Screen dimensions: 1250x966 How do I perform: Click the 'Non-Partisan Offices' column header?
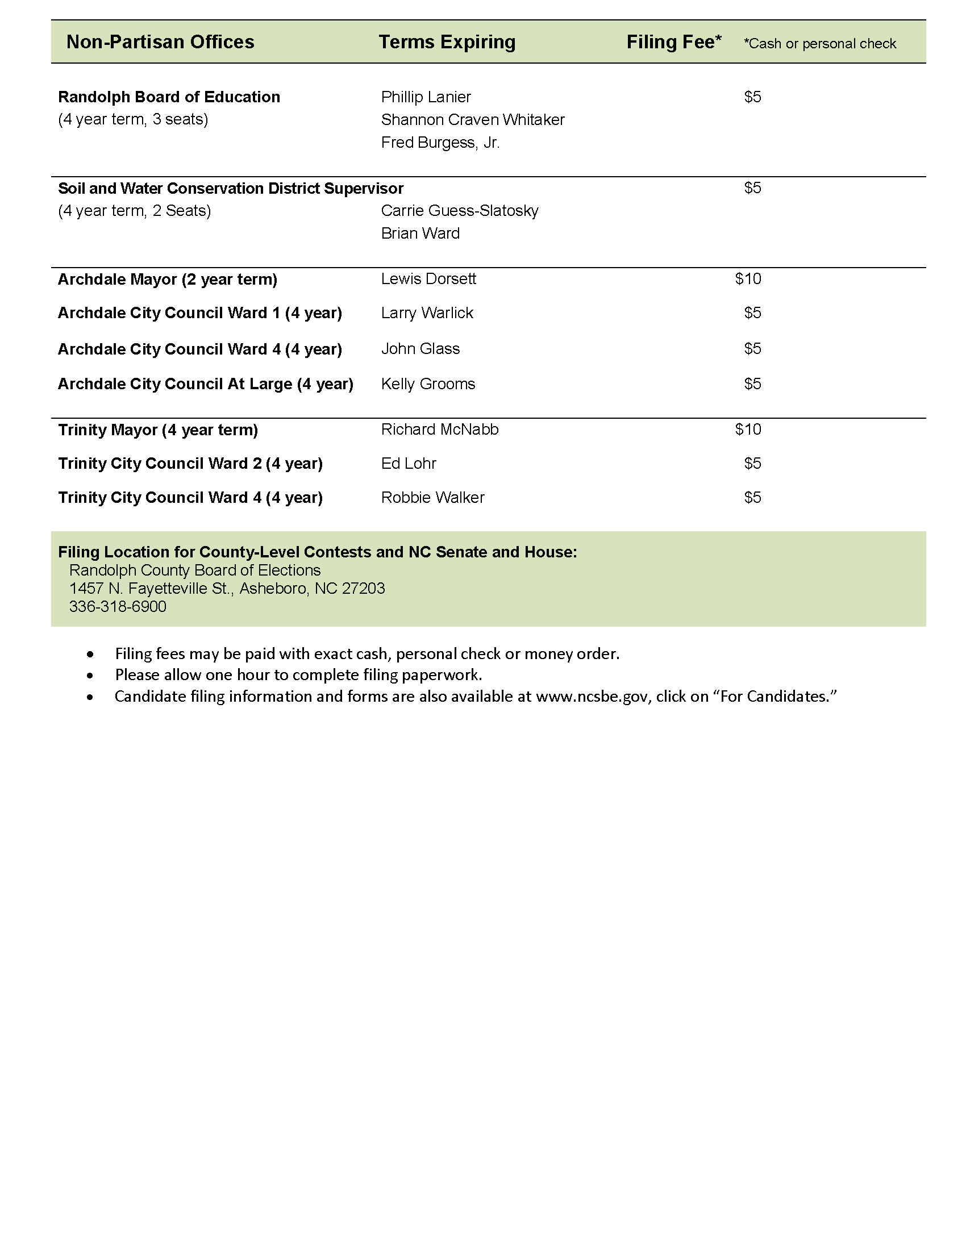click(x=160, y=42)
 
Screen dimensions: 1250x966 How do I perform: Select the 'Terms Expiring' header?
click(x=447, y=42)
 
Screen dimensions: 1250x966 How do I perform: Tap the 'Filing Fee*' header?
click(x=673, y=42)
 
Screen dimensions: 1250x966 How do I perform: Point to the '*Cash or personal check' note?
click(x=819, y=44)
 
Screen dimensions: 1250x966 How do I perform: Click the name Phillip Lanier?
click(x=426, y=97)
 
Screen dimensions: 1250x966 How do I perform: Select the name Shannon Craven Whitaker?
click(x=473, y=120)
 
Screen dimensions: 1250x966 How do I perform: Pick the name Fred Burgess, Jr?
click(x=440, y=143)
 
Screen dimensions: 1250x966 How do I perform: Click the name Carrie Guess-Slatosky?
click(x=460, y=211)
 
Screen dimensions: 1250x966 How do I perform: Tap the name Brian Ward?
click(x=420, y=234)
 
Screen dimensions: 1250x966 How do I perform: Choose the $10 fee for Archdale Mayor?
click(x=748, y=279)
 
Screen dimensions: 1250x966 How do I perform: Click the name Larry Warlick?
click(x=427, y=313)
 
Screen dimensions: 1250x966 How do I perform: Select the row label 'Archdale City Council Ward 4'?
click(x=199, y=349)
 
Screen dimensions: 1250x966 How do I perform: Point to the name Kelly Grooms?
click(x=428, y=384)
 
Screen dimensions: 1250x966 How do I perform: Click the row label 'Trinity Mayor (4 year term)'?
click(x=158, y=430)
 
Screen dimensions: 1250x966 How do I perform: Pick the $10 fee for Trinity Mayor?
click(x=748, y=429)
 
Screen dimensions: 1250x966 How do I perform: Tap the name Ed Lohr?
click(x=409, y=463)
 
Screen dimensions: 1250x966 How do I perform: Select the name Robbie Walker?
click(x=432, y=497)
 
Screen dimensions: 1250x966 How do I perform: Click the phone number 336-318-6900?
click(x=118, y=607)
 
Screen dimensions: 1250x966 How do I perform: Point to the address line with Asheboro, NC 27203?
click(x=227, y=589)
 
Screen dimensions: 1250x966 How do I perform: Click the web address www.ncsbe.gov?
click(x=592, y=697)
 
